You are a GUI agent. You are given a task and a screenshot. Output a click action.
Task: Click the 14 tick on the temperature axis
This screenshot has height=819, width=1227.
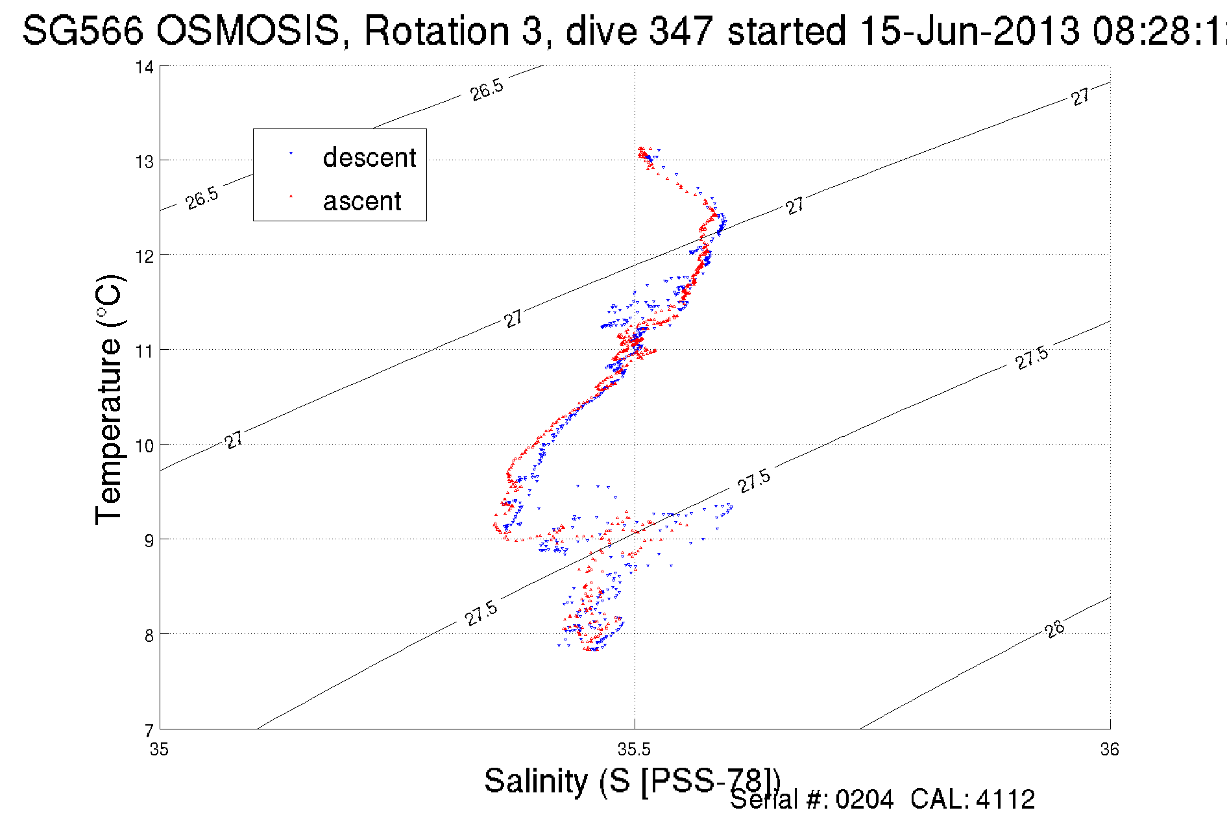[x=145, y=67]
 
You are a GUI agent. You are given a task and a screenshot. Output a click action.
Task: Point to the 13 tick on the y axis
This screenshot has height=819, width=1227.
[x=145, y=162]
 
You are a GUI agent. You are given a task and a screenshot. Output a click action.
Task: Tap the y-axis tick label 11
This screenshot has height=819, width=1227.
[x=145, y=351]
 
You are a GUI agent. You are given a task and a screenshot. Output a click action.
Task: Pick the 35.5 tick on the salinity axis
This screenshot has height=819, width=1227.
[x=634, y=750]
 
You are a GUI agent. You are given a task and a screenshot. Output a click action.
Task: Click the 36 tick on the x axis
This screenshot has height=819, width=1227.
[x=1110, y=750]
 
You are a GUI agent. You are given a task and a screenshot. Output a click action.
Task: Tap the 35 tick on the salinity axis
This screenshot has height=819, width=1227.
[x=159, y=750]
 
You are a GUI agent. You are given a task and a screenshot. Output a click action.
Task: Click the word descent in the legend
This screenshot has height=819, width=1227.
[x=369, y=158]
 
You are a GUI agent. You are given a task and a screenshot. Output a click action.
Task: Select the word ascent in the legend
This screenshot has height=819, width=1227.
[x=362, y=201]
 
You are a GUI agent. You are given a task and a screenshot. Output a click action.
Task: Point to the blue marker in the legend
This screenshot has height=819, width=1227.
[x=291, y=153]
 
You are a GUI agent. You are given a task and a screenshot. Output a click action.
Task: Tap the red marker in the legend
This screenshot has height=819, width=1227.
[x=291, y=196]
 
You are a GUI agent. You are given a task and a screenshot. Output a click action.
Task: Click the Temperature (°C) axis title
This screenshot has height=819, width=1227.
[x=108, y=400]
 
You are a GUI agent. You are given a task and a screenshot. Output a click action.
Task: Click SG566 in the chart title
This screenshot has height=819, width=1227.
[x=83, y=31]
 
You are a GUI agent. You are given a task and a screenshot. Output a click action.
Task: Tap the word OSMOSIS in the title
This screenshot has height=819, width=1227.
[x=248, y=31]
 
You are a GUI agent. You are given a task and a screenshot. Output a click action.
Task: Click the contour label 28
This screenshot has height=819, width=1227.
[x=1055, y=629]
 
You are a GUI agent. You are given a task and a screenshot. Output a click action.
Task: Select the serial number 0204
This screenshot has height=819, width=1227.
[x=864, y=800]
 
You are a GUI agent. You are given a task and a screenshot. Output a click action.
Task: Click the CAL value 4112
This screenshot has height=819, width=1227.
[x=1005, y=800]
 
